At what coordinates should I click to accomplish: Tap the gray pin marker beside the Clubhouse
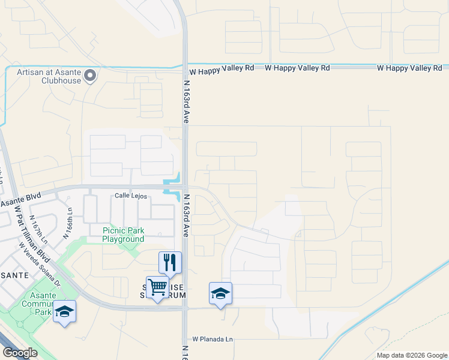point(90,76)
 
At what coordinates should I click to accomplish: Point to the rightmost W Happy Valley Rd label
point(410,68)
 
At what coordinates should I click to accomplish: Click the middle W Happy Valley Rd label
point(298,68)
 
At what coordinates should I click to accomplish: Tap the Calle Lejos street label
point(131,196)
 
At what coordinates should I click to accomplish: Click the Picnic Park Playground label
point(123,235)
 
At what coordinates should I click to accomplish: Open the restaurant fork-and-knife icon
point(170,262)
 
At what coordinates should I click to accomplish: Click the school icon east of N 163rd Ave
point(220,293)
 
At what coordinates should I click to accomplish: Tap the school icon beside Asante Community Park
point(65,311)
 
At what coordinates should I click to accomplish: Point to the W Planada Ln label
point(212,340)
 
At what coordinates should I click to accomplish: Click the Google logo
point(19,353)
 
